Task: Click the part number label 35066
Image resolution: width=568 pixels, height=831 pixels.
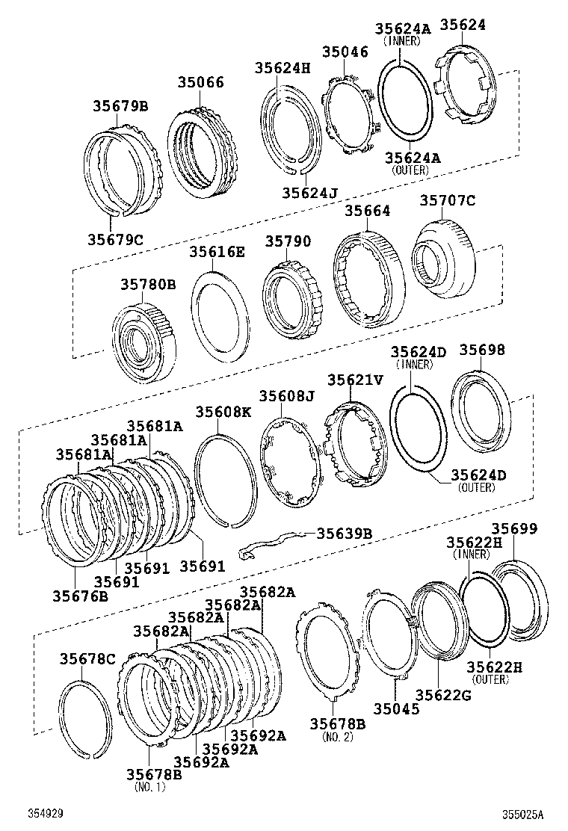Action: point(200,82)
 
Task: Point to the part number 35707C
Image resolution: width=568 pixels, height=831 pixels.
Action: point(447,200)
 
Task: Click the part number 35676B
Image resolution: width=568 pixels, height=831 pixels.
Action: point(80,596)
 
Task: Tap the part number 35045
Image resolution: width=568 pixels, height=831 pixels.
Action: point(397,708)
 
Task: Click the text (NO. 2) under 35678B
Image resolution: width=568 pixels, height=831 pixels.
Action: point(337,737)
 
